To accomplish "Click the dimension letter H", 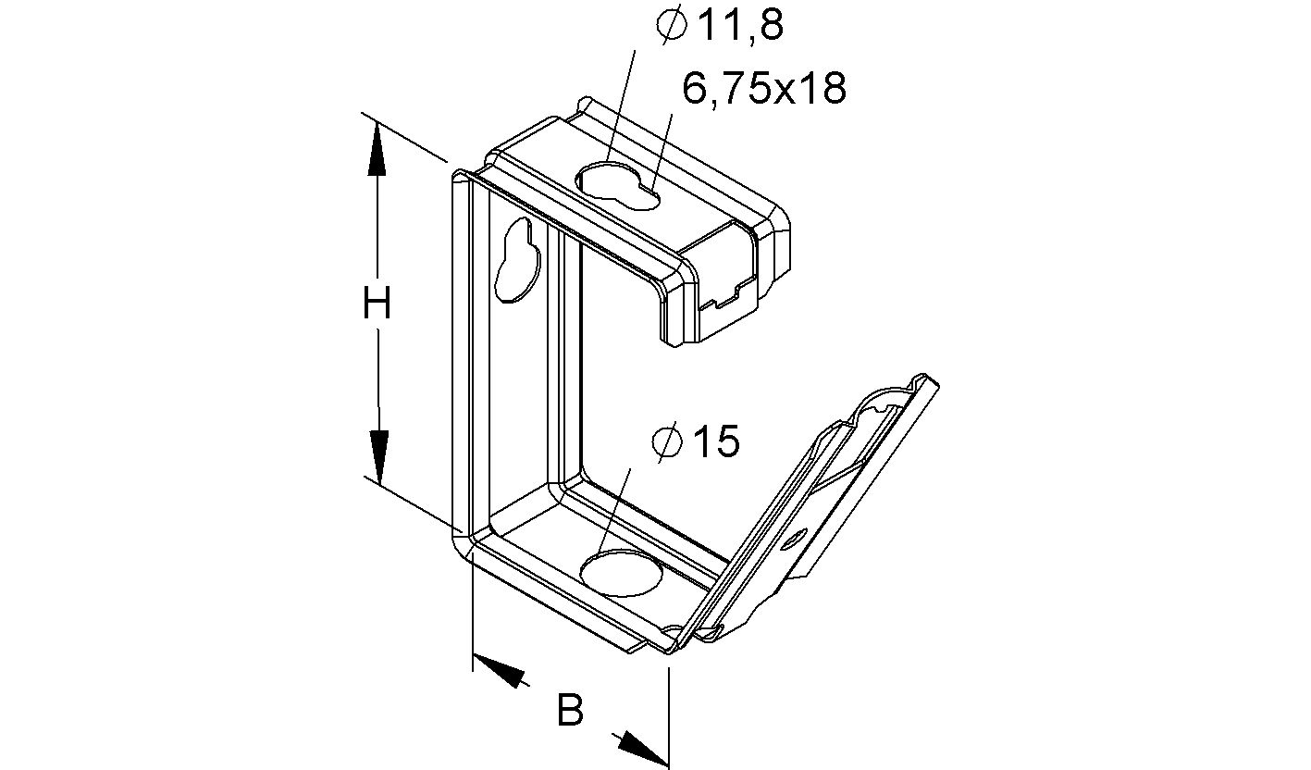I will tap(376, 304).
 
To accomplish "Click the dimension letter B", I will tap(571, 711).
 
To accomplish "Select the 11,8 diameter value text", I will tap(739, 25).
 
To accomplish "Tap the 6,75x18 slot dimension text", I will tap(764, 88).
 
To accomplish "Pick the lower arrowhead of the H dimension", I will tap(377, 454).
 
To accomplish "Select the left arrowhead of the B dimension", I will tap(500, 671).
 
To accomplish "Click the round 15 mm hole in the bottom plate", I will tap(622, 572).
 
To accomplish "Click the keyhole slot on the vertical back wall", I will tap(517, 261).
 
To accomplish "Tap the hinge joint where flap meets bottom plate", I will tap(689, 633).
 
